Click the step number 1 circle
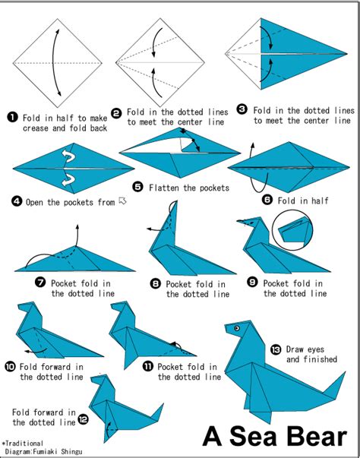12,118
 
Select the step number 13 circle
275,349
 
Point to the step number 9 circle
253,283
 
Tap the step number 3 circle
242,110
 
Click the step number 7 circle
40,283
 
